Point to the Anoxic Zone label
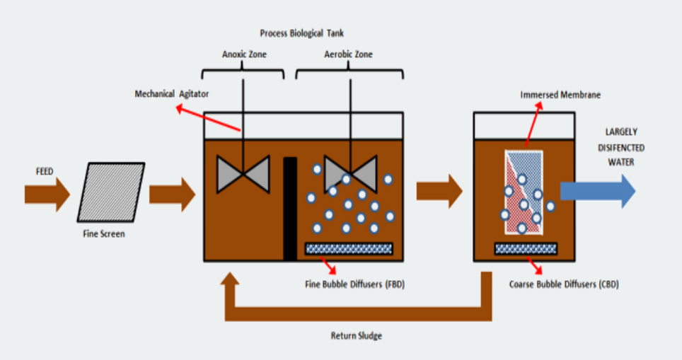pyautogui.click(x=243, y=54)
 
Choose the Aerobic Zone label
pyautogui.click(x=348, y=54)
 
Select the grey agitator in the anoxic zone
pyautogui.click(x=243, y=173)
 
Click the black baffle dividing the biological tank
pyautogui.click(x=289, y=208)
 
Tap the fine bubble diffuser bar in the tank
pyautogui.click(x=348, y=248)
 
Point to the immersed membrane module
pyautogui.click(x=523, y=192)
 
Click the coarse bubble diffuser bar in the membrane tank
pyautogui.click(x=525, y=248)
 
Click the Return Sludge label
pyautogui.click(x=356, y=335)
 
